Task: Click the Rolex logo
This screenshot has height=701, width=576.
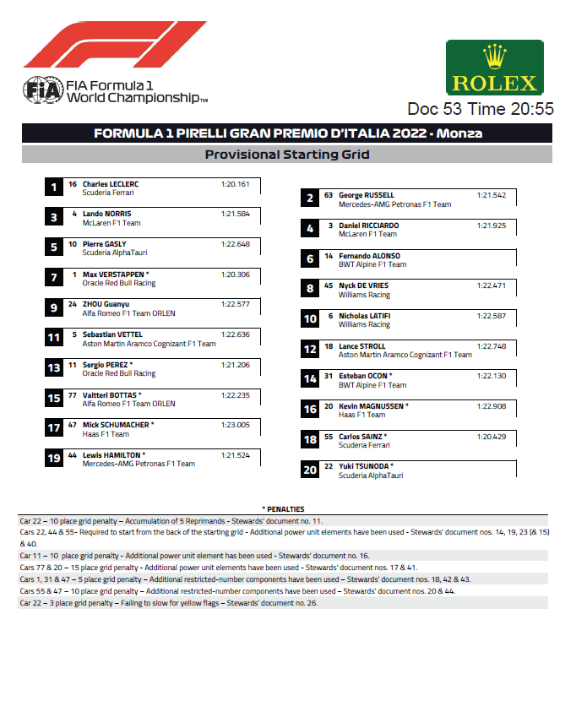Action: (494, 68)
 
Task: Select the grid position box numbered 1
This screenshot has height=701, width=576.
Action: (53, 187)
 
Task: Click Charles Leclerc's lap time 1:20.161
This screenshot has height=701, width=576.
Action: (236, 183)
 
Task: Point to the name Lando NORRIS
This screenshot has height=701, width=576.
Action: (106, 214)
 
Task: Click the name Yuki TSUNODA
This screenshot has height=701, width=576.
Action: (366, 466)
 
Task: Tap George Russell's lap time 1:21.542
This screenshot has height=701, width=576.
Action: (492, 195)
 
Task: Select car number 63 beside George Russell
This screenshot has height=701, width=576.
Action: (329, 195)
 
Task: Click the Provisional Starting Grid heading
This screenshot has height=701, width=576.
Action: (287, 155)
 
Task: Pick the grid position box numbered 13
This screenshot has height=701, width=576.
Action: (53, 368)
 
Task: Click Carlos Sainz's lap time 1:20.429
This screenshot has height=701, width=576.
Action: (492, 437)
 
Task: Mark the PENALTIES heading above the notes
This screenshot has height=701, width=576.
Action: (283, 509)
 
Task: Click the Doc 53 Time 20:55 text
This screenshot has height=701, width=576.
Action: (480, 109)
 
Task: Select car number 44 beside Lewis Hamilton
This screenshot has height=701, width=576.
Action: (73, 454)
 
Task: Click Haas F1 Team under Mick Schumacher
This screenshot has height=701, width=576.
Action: (106, 434)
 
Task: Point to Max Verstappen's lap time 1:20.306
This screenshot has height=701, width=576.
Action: (236, 274)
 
